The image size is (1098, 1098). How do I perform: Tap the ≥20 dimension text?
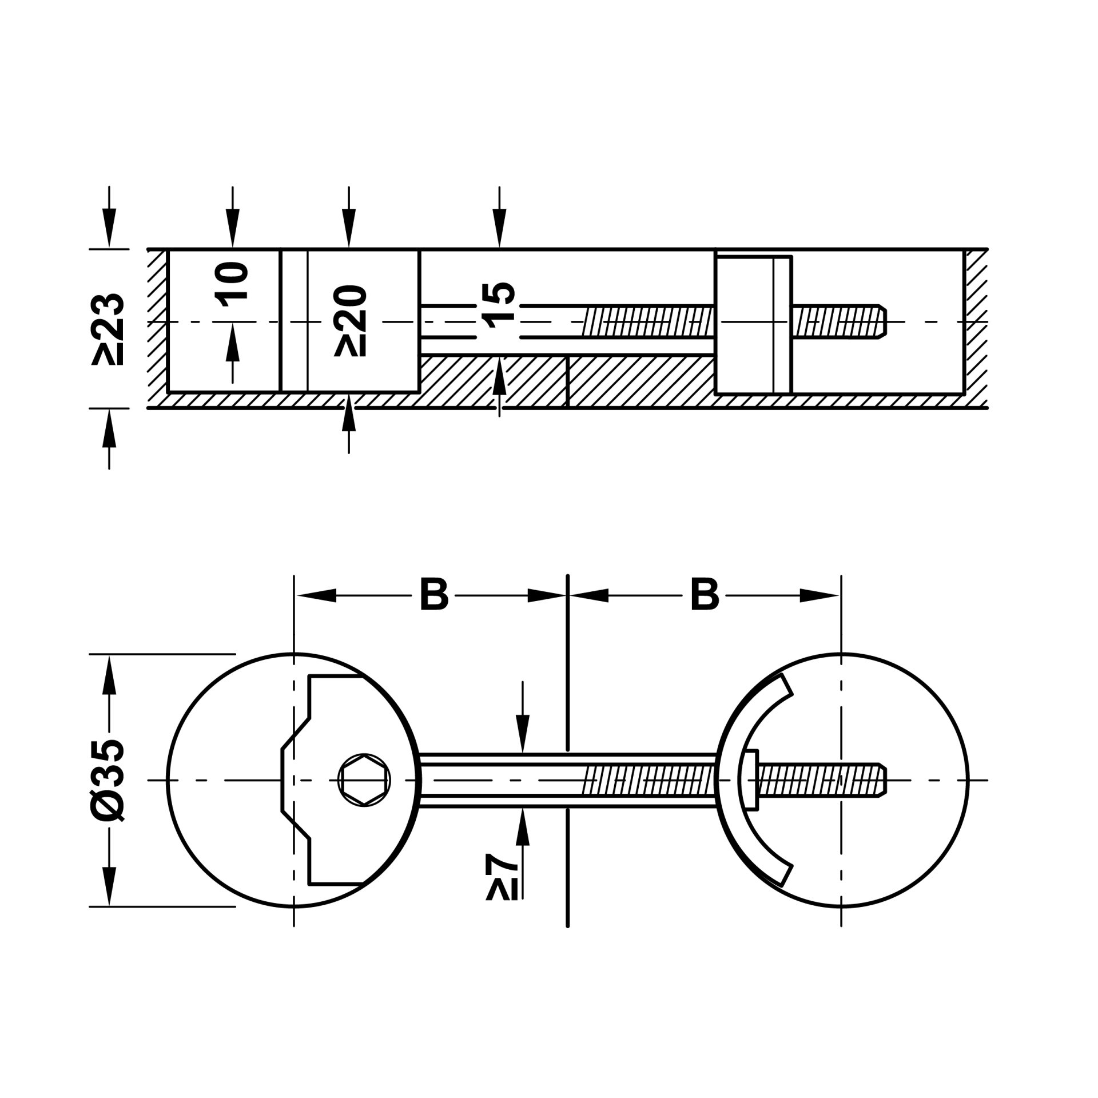coord(349,321)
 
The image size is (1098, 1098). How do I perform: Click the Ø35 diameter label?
coord(108,779)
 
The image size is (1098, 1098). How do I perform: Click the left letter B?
coord(434,595)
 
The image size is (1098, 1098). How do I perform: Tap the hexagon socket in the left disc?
coord(364,779)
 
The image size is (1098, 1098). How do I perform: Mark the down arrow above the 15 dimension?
coord(500,217)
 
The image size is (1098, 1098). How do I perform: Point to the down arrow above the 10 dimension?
coord(233,217)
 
